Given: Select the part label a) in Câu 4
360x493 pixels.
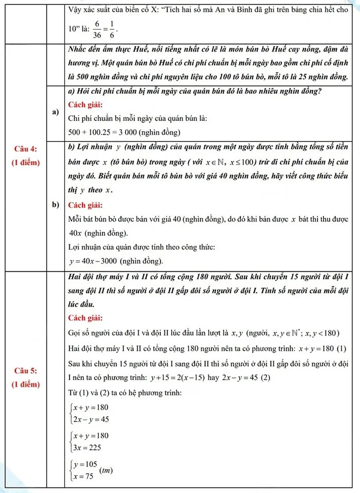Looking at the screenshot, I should pyautogui.click(x=56, y=112).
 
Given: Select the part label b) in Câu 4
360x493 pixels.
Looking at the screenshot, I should pyautogui.click(x=56, y=206).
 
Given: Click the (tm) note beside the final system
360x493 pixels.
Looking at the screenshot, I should pyautogui.click(x=106, y=470).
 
